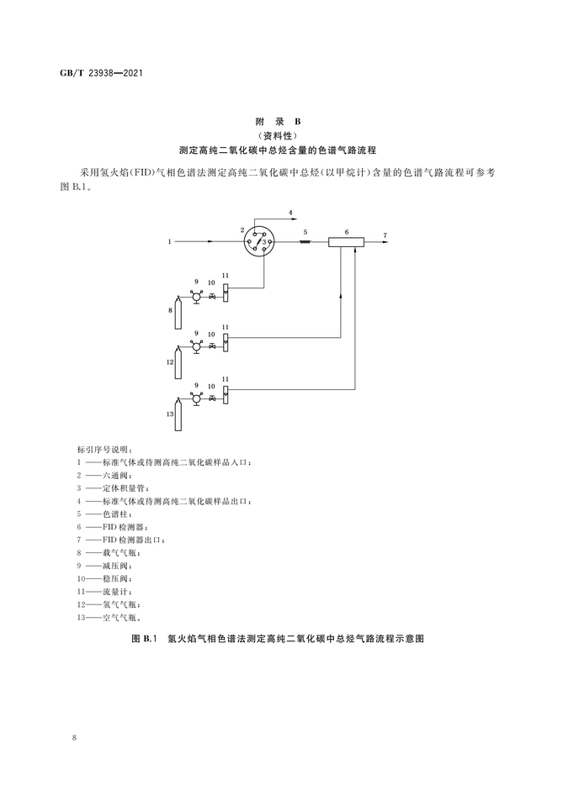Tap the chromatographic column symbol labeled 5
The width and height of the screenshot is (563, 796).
pos(305,242)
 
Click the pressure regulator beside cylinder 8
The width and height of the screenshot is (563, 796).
pos(195,296)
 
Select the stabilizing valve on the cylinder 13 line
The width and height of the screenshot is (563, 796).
pos(212,395)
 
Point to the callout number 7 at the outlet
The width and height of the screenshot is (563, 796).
pos(385,235)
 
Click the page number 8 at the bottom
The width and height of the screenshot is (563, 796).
pos(75,737)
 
